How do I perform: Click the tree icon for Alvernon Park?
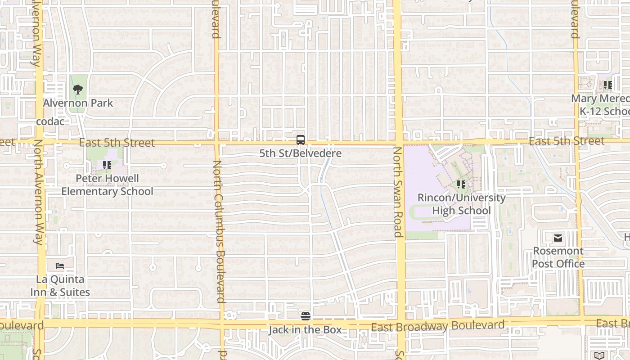tap(78, 89)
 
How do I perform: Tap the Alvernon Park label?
tap(78, 103)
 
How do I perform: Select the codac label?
tap(50, 121)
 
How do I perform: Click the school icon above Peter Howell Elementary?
tap(107, 165)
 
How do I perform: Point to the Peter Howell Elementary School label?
tap(107, 185)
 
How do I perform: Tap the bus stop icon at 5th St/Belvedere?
tap(301, 139)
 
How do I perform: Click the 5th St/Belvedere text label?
tap(301, 153)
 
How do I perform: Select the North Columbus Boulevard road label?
tap(218, 231)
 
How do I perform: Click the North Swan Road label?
tap(398, 191)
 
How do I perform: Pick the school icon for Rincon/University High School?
tap(461, 184)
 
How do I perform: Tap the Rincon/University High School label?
tap(461, 204)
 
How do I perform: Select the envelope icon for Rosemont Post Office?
tap(558, 238)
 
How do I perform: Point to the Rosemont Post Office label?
tap(558, 257)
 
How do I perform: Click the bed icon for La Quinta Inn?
tap(60, 266)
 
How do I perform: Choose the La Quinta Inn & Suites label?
tap(60, 286)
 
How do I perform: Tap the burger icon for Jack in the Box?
tap(306, 316)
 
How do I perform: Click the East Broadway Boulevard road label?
tap(437, 326)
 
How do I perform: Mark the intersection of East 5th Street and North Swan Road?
tap(398, 142)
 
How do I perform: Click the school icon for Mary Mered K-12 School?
tap(607, 85)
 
